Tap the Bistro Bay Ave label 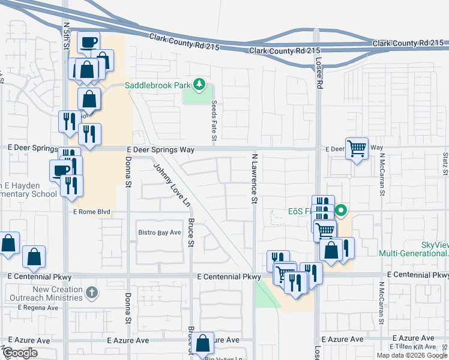coord(160,232)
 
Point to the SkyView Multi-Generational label coord(413,249)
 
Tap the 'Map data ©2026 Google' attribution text coord(411,355)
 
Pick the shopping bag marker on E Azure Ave coord(203,343)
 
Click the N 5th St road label coord(66,34)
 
